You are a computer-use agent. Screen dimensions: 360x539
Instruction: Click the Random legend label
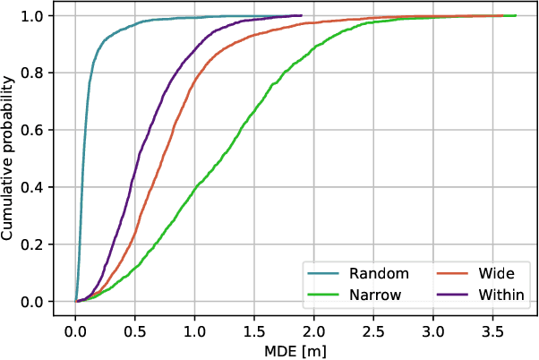point(380,273)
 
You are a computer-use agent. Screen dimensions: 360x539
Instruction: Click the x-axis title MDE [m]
point(295,349)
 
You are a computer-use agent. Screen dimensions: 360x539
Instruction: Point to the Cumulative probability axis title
point(10,159)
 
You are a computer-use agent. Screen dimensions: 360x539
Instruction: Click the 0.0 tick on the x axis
point(75,327)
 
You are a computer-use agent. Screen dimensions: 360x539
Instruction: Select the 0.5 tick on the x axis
point(135,327)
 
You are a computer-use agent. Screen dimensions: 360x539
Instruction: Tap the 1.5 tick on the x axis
point(254,327)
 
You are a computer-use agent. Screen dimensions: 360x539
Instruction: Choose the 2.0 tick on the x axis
point(313,327)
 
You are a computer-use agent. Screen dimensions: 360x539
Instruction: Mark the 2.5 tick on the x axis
point(373,327)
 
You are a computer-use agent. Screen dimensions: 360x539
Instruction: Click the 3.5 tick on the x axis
point(492,327)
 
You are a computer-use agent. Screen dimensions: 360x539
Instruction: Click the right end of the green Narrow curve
point(516,15)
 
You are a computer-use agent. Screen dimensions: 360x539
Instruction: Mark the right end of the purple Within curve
point(301,15)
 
